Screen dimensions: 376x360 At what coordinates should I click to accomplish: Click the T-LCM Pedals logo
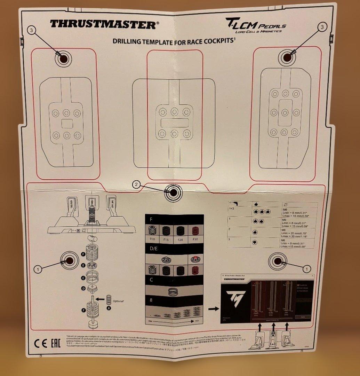pos(256,26)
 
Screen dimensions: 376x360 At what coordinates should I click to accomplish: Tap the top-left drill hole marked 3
pos(63,58)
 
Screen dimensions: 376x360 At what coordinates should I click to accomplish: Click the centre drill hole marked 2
pos(173,192)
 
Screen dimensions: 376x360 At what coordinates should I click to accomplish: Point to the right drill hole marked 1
pos(278,261)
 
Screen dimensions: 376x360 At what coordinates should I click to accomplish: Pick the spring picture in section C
pos(173,291)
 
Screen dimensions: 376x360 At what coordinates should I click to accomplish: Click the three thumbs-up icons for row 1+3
pos(260,211)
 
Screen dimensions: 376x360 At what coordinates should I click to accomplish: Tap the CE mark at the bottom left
pos(41,345)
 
